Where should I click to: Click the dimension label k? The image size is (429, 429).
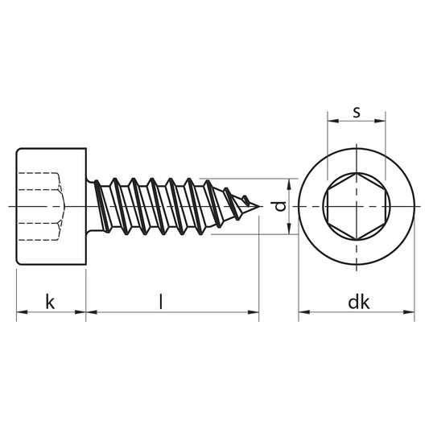(x=50, y=302)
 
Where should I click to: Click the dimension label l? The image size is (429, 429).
(x=161, y=302)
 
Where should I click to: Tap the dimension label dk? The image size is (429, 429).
(x=359, y=302)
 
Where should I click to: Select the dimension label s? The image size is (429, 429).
(x=357, y=112)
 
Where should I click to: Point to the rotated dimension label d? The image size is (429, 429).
(x=280, y=206)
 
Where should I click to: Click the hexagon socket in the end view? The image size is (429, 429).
(x=357, y=206)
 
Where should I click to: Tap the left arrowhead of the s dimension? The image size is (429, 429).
(x=333, y=121)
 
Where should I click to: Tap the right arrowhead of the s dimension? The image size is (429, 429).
(x=380, y=121)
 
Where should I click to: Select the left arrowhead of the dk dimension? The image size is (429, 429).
(x=304, y=311)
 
